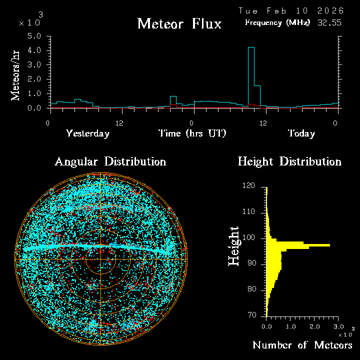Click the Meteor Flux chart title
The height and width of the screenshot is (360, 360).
pos(179,23)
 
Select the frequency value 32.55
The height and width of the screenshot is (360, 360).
pos(329,22)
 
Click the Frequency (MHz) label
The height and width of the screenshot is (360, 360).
pos(277,22)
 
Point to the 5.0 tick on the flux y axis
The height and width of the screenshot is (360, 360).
pos(34,36)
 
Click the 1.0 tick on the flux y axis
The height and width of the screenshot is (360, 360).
pos(34,93)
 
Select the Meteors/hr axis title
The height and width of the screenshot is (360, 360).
pos(16,75)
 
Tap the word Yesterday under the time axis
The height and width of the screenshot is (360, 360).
pos(87,133)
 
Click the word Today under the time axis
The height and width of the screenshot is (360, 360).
pos(301,133)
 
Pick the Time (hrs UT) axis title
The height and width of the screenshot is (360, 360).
pos(192,133)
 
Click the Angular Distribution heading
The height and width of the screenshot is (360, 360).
pos(110,161)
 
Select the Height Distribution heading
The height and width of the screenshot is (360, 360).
pos(289,161)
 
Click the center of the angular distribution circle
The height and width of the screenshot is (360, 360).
pos(100,259)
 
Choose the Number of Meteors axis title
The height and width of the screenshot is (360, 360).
pos(302,345)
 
